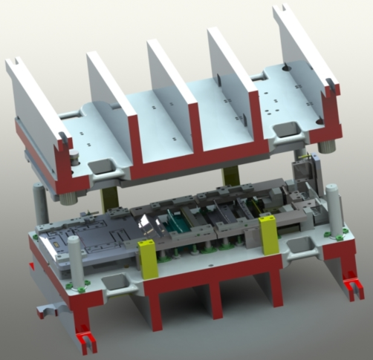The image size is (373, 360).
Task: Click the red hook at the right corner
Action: coord(352,286)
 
